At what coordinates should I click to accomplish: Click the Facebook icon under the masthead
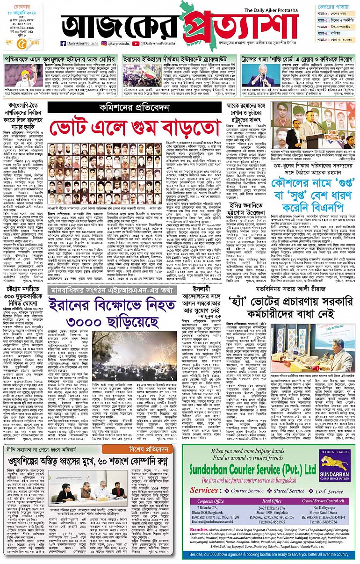click(57, 43)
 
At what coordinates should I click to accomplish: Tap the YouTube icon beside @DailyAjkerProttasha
click(135, 43)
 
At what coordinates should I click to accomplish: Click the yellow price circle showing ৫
click(23, 44)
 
